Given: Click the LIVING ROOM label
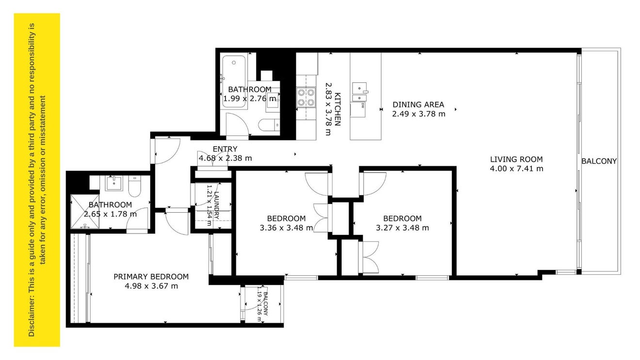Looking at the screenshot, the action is pyautogui.click(x=516, y=159).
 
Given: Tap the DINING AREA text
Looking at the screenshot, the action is pyautogui.click(x=418, y=105).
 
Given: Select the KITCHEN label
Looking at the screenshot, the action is pyautogui.click(x=338, y=109).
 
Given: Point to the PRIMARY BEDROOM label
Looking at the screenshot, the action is pyautogui.click(x=151, y=277).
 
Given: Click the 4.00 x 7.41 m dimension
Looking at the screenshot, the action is pyautogui.click(x=516, y=169).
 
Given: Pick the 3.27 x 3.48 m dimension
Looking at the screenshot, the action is pyautogui.click(x=402, y=228).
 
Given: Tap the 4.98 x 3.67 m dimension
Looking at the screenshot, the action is pyautogui.click(x=151, y=286).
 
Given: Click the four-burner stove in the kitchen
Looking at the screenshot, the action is pyautogui.click(x=306, y=97).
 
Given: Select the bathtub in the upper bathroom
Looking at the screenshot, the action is pyautogui.click(x=234, y=81).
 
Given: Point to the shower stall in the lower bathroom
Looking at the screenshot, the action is pyautogui.click(x=85, y=212).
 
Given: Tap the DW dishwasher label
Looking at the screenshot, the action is pyautogui.click(x=363, y=106).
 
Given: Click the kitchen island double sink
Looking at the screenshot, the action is pyautogui.click(x=359, y=92).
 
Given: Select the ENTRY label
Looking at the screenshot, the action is pyautogui.click(x=225, y=149).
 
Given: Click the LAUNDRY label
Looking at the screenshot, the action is pyautogui.click(x=216, y=205).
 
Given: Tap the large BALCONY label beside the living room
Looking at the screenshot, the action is pyautogui.click(x=599, y=161).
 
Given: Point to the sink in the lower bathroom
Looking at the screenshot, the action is pyautogui.click(x=114, y=184).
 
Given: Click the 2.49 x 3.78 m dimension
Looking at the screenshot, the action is pyautogui.click(x=418, y=114).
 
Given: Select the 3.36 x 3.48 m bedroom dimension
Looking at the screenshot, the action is pyautogui.click(x=286, y=228).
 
